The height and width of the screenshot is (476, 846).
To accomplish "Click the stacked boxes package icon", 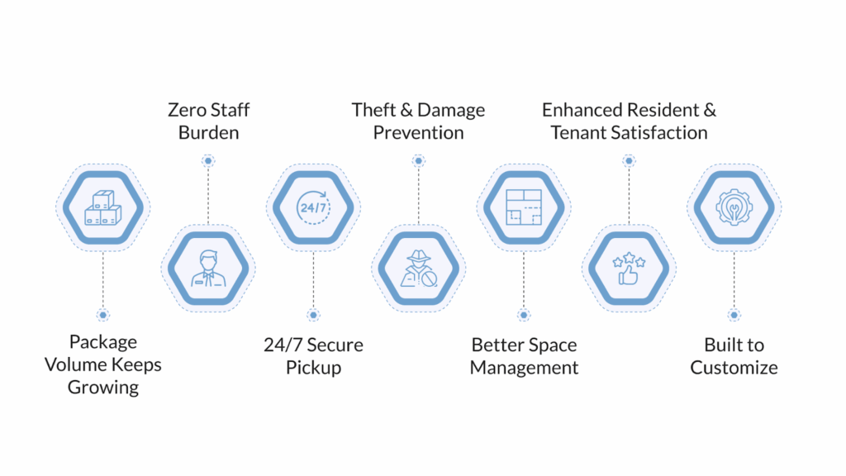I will [x=102, y=207].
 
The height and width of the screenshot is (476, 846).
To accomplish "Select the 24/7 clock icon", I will [x=313, y=207].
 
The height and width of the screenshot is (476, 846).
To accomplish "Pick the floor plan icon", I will [x=523, y=207].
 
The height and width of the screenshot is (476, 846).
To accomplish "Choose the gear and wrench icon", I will [x=734, y=207].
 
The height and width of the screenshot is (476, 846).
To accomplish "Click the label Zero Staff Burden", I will [x=208, y=121].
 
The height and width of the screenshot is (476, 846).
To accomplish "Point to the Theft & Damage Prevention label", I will [x=418, y=121].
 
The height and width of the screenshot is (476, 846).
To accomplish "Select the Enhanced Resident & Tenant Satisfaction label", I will [x=629, y=121].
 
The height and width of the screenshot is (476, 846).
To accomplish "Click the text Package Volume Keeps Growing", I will [x=103, y=364].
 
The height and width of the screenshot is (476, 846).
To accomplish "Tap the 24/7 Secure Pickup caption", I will [x=313, y=356].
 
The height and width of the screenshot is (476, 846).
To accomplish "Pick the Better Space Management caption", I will [x=524, y=356].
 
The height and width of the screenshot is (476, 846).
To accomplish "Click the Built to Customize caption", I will [x=734, y=356].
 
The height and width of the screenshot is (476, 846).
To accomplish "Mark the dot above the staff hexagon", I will [x=208, y=160].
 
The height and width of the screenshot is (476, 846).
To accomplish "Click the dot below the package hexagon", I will [x=102, y=315].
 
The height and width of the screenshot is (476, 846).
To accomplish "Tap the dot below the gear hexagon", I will [x=734, y=315].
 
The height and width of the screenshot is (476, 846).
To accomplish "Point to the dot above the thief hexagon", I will [x=418, y=160].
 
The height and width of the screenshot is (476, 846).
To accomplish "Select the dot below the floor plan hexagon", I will [x=523, y=315].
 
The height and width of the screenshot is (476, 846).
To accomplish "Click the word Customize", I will [x=734, y=368].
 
